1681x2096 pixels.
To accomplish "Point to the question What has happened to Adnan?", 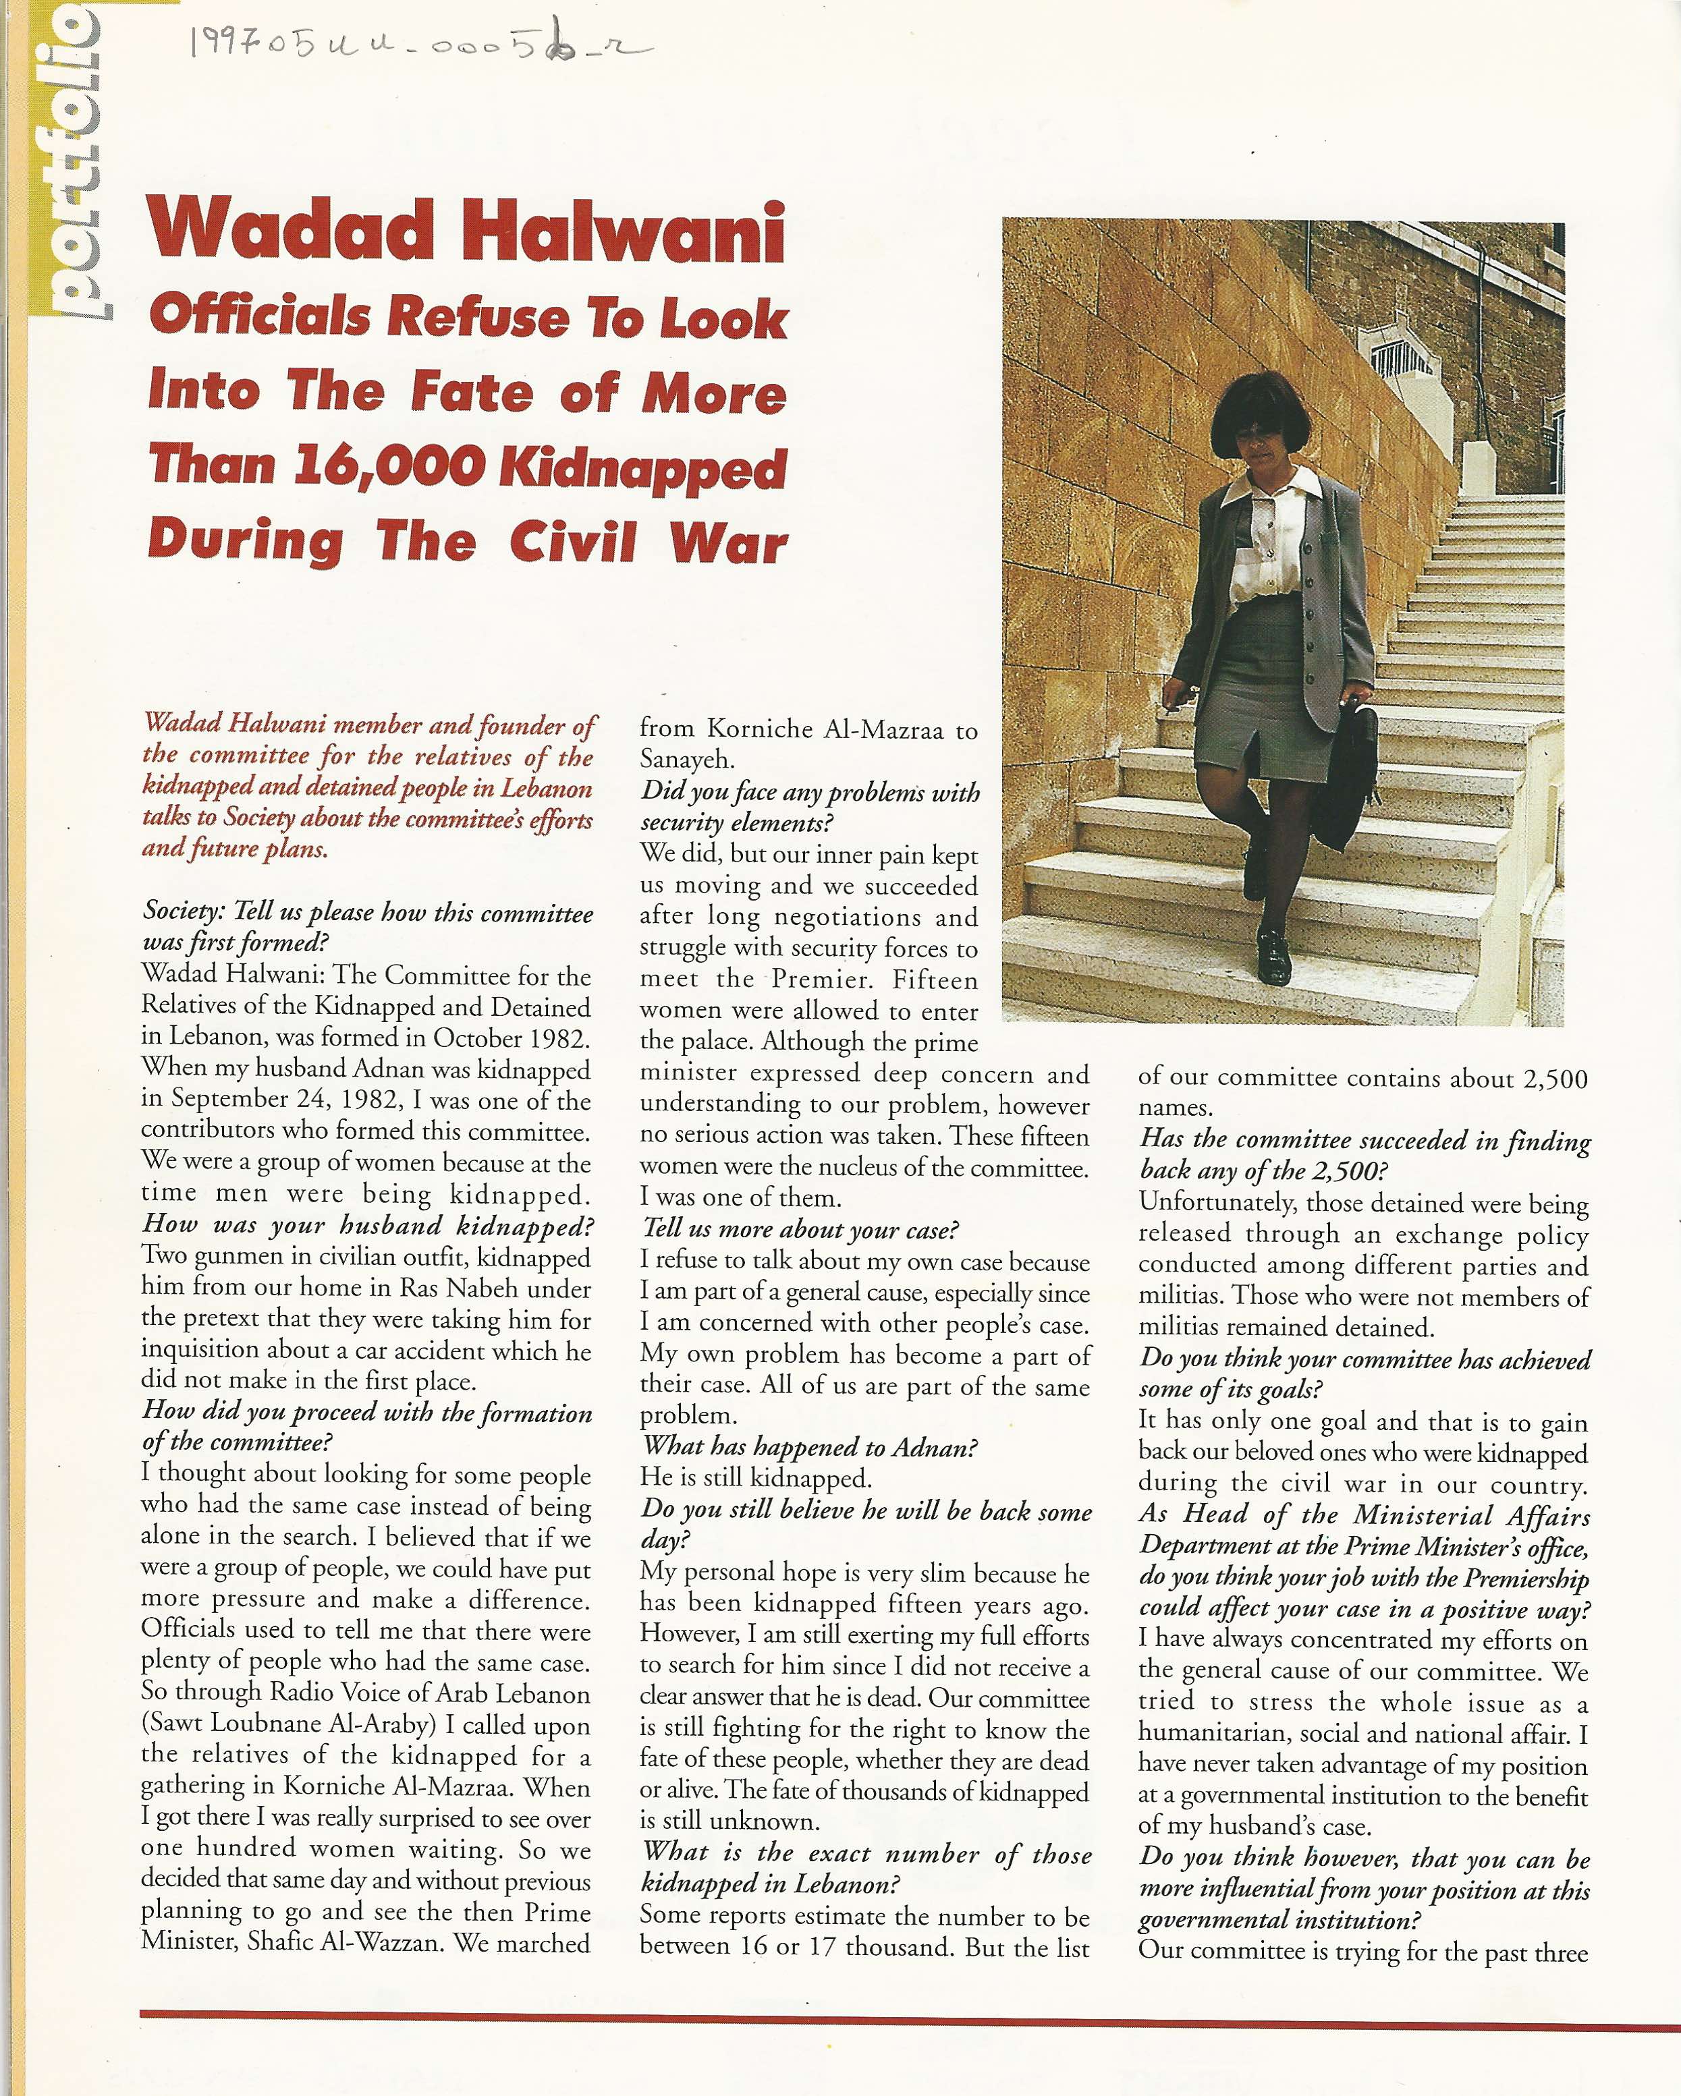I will [808, 1448].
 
